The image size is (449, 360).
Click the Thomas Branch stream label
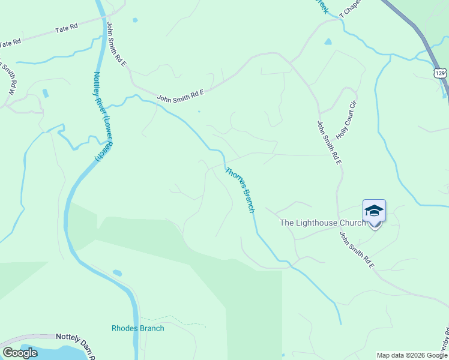tap(240, 190)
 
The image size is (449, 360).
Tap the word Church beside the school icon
tap(352, 223)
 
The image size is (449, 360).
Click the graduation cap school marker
tap(374, 211)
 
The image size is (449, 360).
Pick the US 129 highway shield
tap(440, 73)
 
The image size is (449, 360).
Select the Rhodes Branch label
tap(137, 328)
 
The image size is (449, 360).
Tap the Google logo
tap(20, 353)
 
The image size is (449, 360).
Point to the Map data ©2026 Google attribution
tap(412, 355)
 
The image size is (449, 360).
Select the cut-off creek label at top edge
tap(323, 6)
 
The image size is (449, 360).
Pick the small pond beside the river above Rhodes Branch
tap(117, 273)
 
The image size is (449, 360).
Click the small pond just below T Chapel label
tap(328, 42)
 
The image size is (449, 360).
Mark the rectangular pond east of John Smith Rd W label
tap(46, 94)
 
